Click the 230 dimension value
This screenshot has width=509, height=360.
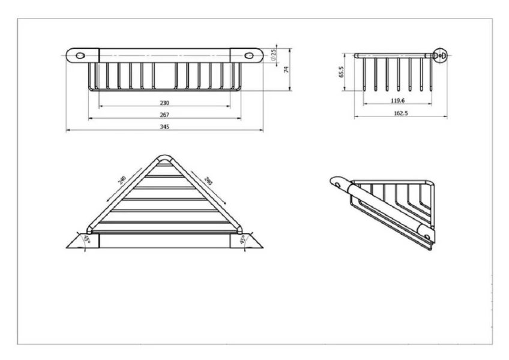[x=164, y=103]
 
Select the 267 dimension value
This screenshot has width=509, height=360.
[x=164, y=115]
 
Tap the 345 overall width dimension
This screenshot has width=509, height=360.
[x=164, y=127]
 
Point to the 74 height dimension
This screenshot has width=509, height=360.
[x=286, y=70]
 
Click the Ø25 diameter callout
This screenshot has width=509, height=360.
[x=273, y=55]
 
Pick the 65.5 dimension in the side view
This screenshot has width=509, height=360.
[x=341, y=72]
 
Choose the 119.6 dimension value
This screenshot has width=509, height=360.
[x=397, y=101]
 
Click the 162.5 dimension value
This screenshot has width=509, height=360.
[x=401, y=113]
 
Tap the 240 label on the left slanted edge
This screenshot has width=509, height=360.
[x=122, y=180]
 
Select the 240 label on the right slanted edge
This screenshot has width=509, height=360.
[x=208, y=181]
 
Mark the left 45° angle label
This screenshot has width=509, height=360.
[x=86, y=239]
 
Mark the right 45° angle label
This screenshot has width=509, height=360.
[x=242, y=240]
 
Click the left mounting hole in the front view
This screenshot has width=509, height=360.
[x=80, y=56]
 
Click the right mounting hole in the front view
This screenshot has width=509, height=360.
[x=249, y=56]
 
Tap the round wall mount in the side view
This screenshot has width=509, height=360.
[x=441, y=56]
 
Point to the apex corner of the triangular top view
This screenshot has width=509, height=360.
[x=164, y=156]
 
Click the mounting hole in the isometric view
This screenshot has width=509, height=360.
[x=338, y=185]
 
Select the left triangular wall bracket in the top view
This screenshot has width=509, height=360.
[x=82, y=241]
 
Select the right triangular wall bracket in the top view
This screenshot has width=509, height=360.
[x=247, y=241]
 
